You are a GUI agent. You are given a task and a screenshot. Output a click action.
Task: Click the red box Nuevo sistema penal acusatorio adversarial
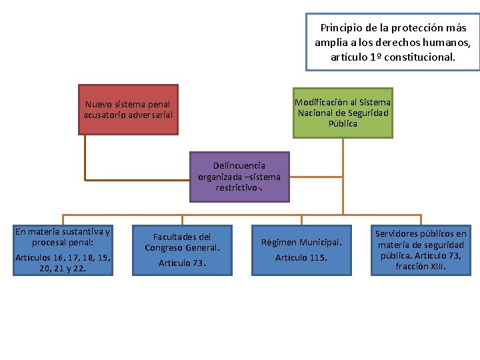click(x=128, y=109)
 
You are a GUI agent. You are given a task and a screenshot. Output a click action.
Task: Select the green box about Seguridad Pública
click(x=343, y=113)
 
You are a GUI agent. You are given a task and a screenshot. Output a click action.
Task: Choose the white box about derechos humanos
click(x=393, y=42)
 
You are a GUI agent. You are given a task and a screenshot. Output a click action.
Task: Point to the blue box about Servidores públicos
click(x=421, y=250)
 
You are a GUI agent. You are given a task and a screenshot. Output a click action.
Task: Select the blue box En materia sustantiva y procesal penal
click(x=63, y=250)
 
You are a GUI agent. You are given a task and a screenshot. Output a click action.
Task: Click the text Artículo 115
click(x=301, y=257)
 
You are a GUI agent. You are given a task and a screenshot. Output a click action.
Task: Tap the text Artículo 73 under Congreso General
click(x=182, y=263)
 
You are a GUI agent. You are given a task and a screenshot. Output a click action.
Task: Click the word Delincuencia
click(x=239, y=165)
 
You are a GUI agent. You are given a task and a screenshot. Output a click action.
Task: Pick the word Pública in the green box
click(x=343, y=123)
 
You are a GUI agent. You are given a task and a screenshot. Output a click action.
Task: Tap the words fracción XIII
click(x=421, y=266)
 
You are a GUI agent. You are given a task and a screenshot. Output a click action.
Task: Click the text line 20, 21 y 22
click(x=63, y=267)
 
